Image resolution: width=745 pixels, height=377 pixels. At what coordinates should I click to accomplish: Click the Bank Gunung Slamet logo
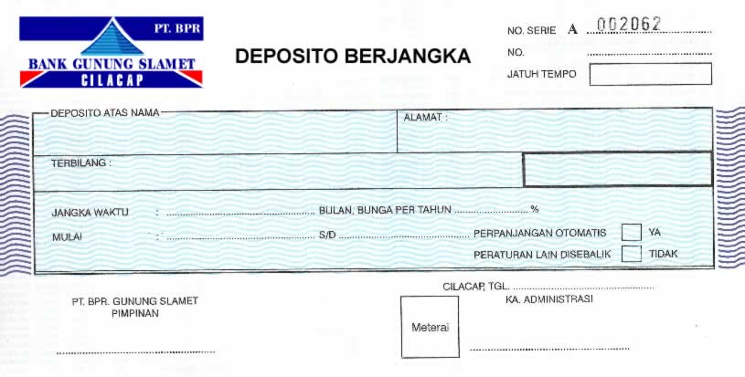[112, 52]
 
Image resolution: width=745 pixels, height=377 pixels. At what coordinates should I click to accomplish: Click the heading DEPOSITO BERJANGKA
[353, 57]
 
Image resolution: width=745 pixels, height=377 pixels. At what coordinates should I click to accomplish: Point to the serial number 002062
[629, 25]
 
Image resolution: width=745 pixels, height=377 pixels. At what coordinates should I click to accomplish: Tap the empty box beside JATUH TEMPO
[650, 74]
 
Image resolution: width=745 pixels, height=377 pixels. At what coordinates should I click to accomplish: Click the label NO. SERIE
[531, 30]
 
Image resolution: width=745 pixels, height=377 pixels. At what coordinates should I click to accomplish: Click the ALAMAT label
[425, 118]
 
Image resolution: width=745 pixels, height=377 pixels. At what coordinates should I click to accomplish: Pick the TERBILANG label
[80, 163]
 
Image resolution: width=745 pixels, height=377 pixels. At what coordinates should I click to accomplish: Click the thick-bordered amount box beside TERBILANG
[617, 169]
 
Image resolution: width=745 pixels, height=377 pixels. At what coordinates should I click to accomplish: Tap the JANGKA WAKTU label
[90, 213]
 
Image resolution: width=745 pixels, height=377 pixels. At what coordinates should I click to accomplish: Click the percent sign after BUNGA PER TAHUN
[535, 210]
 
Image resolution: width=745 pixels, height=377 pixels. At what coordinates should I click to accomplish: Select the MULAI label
[67, 236]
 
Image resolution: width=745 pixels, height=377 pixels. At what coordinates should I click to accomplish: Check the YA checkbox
[631, 232]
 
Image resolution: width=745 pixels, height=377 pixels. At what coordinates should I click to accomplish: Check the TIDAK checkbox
[631, 254]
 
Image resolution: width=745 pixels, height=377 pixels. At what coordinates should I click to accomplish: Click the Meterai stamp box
[430, 327]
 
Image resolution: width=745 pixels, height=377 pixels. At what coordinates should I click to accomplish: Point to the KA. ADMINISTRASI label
[549, 299]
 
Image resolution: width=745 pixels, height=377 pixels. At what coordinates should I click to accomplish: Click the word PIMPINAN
[135, 313]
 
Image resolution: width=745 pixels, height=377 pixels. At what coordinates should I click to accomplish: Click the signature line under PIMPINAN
[135, 351]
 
